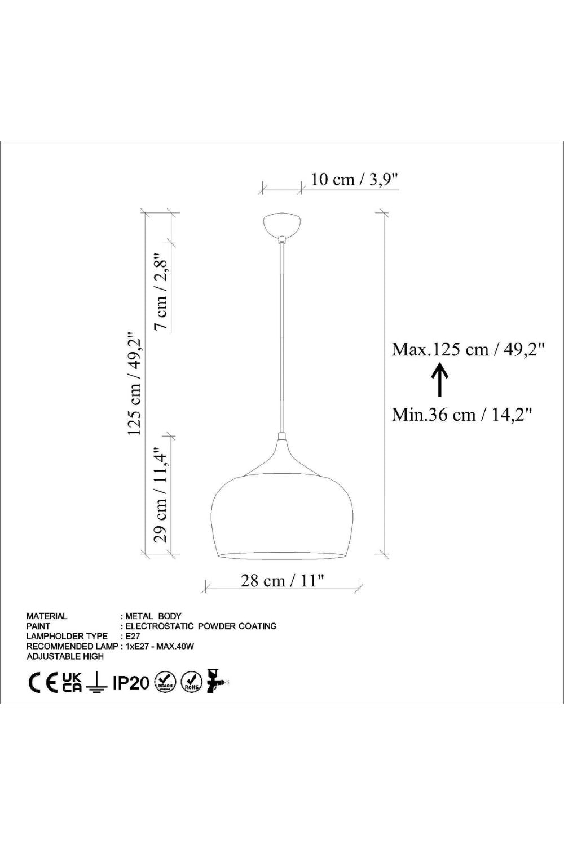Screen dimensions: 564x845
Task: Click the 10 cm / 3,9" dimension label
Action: click(x=354, y=179)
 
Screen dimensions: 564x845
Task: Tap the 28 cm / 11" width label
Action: click(x=283, y=580)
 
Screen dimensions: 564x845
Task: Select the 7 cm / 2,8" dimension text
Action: click(x=162, y=291)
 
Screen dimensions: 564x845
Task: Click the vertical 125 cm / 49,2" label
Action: click(x=134, y=384)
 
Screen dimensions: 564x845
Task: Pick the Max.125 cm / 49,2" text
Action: click(x=468, y=350)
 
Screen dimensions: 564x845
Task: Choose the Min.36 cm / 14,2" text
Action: click(x=462, y=415)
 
